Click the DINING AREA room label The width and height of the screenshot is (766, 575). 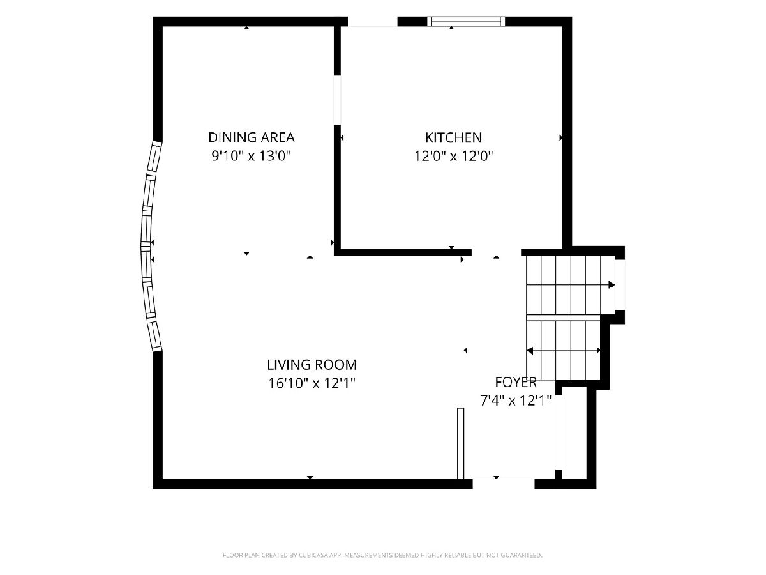tap(252, 137)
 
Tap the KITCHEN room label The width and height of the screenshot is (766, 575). tap(453, 138)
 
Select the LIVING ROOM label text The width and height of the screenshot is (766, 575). tap(312, 365)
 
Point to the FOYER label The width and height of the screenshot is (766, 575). tap(516, 382)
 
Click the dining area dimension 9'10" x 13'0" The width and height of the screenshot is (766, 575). tap(252, 156)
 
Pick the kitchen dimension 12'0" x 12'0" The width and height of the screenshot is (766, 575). tap(453, 156)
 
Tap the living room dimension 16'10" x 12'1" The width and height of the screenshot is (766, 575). tap(312, 383)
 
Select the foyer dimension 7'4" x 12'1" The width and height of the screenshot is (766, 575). tap(516, 401)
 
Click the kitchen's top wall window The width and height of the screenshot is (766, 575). tap(466, 21)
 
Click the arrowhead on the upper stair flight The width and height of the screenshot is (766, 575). tap(612, 285)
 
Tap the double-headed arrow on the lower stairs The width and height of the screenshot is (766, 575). tap(563, 351)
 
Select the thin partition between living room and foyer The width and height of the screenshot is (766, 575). tap(461, 443)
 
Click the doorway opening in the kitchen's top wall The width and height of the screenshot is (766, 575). tap(373, 22)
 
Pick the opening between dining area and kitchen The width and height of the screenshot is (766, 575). tap(337, 100)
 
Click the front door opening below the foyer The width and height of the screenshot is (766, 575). tap(504, 484)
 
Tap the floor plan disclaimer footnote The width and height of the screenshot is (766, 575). tap(382, 555)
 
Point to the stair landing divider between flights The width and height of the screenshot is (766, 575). tap(563, 318)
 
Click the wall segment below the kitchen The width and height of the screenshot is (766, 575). tap(403, 252)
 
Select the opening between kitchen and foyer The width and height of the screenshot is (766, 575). tap(496, 252)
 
